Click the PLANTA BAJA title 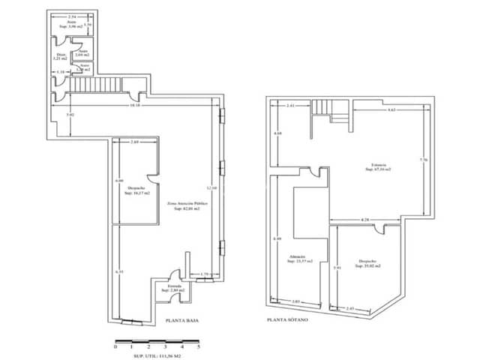pyautogui.click(x=182, y=320)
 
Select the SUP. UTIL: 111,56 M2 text pyautogui.click(x=156, y=355)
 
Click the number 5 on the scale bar pyautogui.click(x=199, y=347)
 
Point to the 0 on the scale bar pyautogui.click(x=115, y=347)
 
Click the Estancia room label pyautogui.click(x=378, y=166)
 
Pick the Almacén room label pyautogui.click(x=296, y=259)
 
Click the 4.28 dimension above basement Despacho pyautogui.click(x=364, y=219)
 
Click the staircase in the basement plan pyautogui.click(x=329, y=112)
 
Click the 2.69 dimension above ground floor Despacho pyautogui.click(x=135, y=142)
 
